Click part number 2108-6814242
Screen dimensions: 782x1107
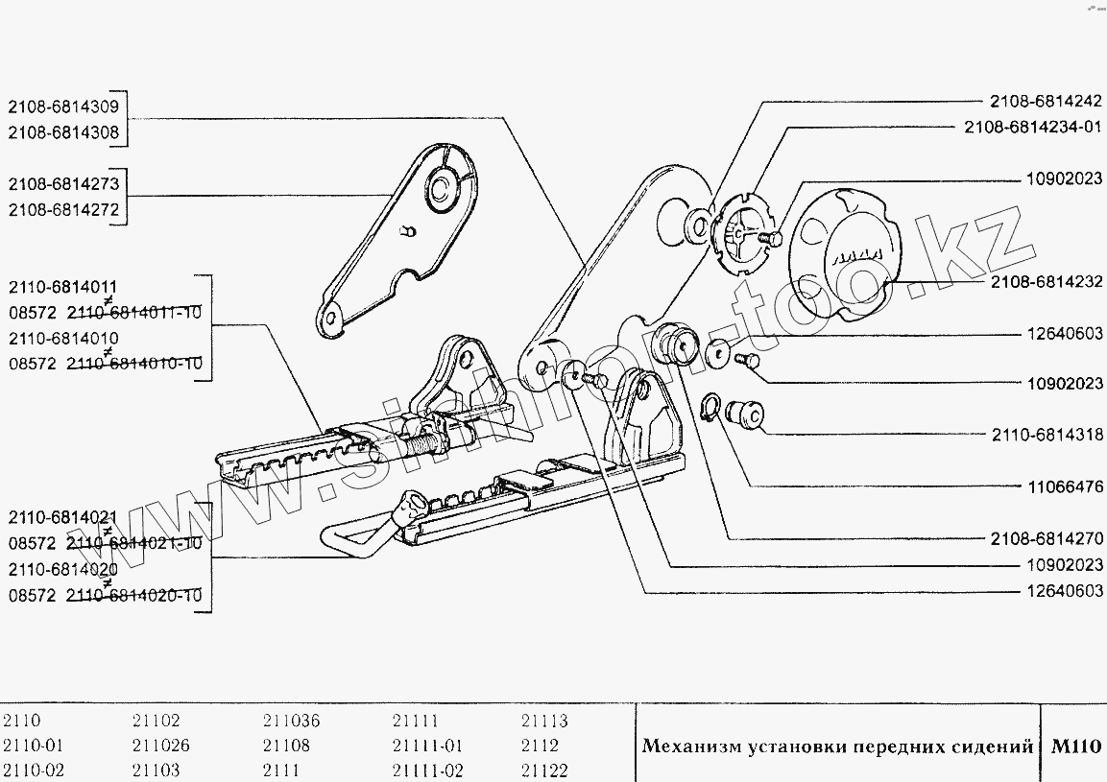(1046, 99)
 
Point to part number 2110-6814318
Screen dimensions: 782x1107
(1047, 434)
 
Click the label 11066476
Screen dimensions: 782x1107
(1064, 486)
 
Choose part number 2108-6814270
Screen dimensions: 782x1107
(1047, 537)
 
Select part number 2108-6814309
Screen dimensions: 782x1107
(63, 107)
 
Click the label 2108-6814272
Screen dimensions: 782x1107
(63, 210)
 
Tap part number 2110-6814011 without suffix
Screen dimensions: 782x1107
(63, 286)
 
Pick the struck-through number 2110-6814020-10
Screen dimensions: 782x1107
(133, 596)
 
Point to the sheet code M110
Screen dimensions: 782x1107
(1075, 746)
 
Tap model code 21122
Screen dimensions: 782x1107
(544, 770)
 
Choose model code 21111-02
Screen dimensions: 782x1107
(427, 770)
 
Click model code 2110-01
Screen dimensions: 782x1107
(34, 746)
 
